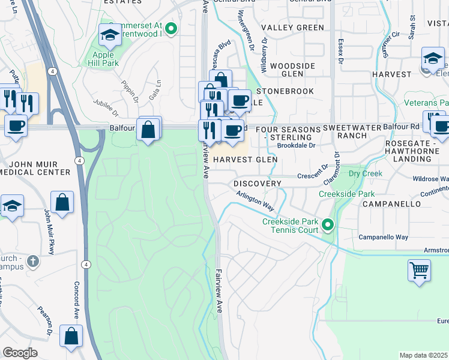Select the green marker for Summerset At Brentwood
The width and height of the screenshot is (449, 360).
[171, 28]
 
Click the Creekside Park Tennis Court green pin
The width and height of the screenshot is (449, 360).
[327, 225]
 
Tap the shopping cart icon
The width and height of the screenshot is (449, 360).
[419, 269]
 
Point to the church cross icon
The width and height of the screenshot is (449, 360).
[33, 262]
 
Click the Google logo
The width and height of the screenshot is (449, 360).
[20, 353]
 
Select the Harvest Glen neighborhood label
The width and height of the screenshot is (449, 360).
[245, 160]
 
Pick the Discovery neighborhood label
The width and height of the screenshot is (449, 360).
[258, 183]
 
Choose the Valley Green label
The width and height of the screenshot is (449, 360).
[292, 28]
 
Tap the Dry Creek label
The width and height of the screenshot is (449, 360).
[366, 173]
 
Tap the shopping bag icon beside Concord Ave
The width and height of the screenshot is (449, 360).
[71, 337]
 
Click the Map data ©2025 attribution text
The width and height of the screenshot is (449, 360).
[423, 355]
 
